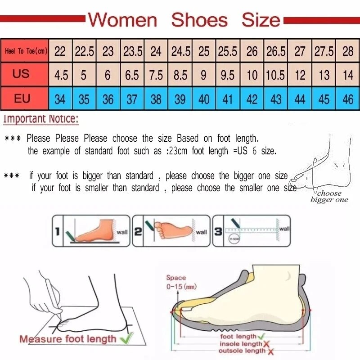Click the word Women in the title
click(x=122, y=20)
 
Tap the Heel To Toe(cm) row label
click(x=26, y=51)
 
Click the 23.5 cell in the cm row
click(x=132, y=51)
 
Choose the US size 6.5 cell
click(x=132, y=75)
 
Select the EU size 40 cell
click(x=204, y=99)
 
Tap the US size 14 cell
click(x=348, y=75)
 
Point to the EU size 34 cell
click(x=60, y=99)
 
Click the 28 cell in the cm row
click(x=348, y=51)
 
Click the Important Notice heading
click(x=41, y=119)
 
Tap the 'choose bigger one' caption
click(x=329, y=197)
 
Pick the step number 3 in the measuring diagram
click(x=217, y=232)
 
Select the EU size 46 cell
click(x=348, y=99)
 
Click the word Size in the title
click(x=261, y=20)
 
